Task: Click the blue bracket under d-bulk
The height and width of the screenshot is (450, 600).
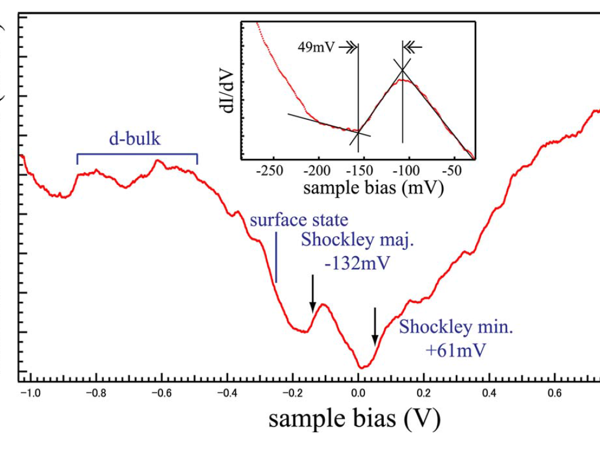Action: pyautogui.click(x=137, y=155)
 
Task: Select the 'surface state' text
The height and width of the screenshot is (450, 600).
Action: pyautogui.click(x=299, y=220)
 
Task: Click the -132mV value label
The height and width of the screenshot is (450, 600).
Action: pyautogui.click(x=357, y=263)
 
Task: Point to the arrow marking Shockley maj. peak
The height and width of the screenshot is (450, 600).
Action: pyautogui.click(x=313, y=294)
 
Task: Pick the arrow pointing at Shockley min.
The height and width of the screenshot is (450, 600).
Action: pyautogui.click(x=374, y=327)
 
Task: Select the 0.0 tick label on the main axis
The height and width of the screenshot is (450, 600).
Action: pyautogui.click(x=358, y=393)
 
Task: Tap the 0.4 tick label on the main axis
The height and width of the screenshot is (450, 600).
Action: pyautogui.click(x=488, y=393)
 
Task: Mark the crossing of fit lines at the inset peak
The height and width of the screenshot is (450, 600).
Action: pyautogui.click(x=403, y=70)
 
